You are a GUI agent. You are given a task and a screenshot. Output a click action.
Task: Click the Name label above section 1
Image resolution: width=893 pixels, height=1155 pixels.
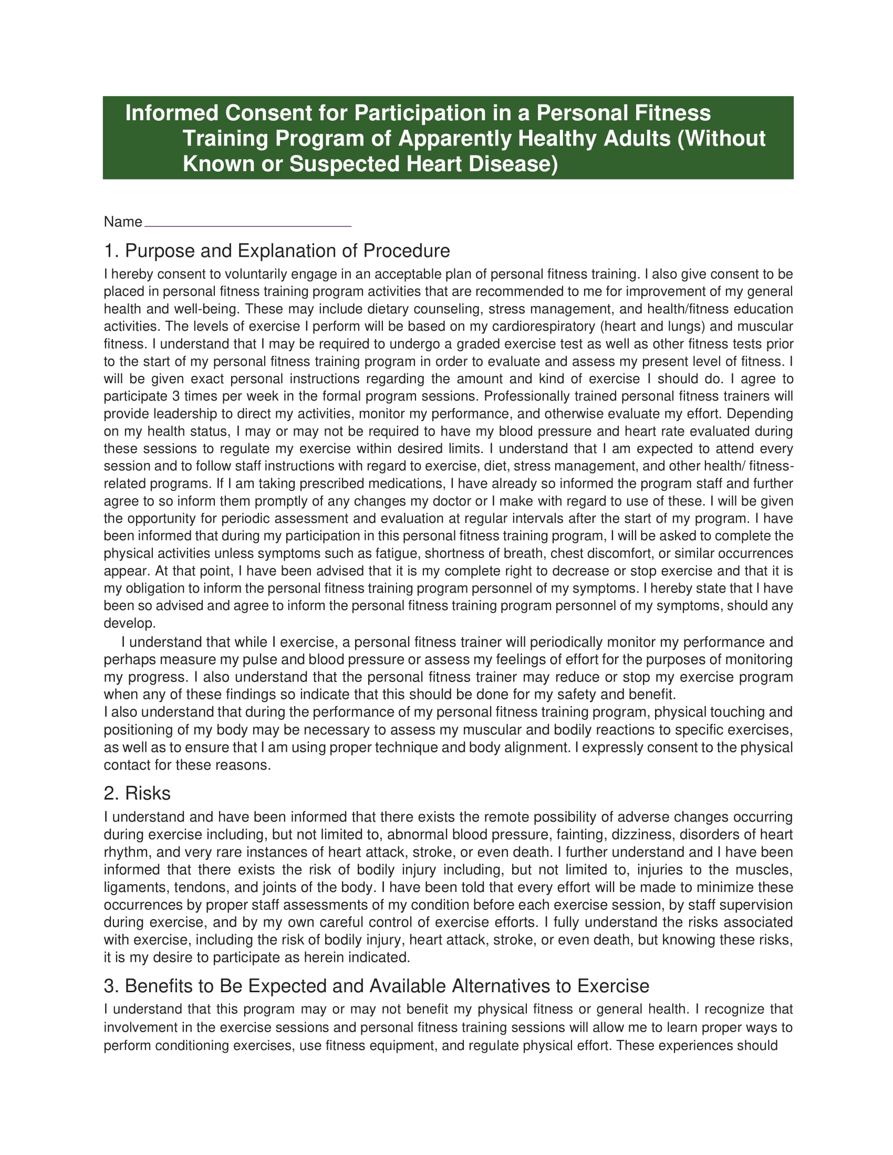pyautogui.click(x=123, y=222)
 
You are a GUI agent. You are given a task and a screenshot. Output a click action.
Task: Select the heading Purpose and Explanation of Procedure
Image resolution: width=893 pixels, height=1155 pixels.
pyautogui.click(x=287, y=250)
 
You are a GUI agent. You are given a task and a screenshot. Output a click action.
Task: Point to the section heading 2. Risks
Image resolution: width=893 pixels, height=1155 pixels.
pyautogui.click(x=137, y=793)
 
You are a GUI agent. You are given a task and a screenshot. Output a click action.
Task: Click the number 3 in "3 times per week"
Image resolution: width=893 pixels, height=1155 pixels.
pyautogui.click(x=175, y=396)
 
